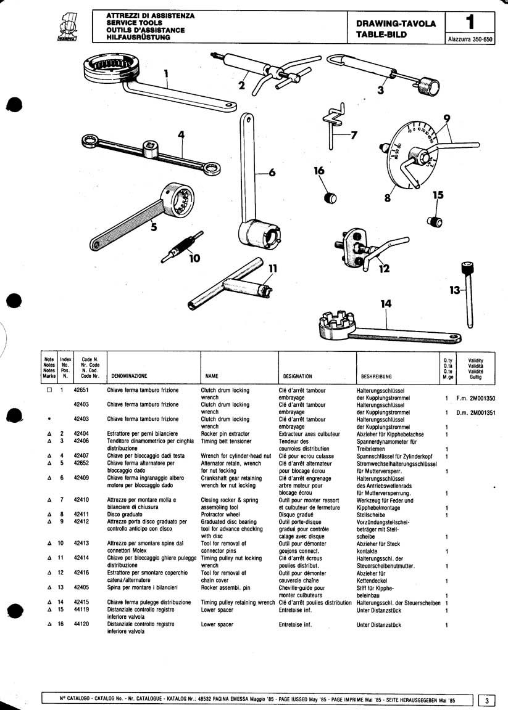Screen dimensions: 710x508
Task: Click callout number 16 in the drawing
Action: click(x=319, y=171)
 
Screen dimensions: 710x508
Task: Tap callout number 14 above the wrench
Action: click(x=386, y=303)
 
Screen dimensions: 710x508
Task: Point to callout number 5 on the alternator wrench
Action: click(x=154, y=227)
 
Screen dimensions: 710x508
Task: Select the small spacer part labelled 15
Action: click(x=436, y=220)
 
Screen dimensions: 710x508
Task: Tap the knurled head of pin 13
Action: click(x=467, y=269)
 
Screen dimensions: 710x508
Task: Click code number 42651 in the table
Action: click(x=81, y=390)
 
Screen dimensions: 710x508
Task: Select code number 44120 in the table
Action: click(x=81, y=624)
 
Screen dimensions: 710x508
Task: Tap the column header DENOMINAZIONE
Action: click(x=129, y=375)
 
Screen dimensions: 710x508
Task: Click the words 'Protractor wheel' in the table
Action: click(x=220, y=513)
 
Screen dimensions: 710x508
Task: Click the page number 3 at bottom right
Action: click(x=487, y=700)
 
